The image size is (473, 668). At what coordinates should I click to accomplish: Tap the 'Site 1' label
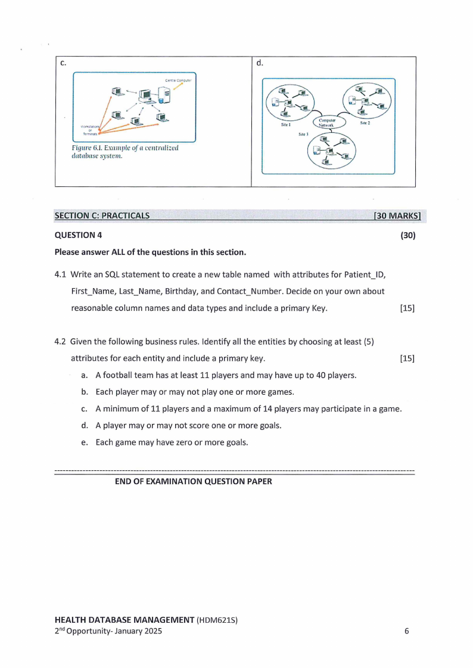[x=285, y=125]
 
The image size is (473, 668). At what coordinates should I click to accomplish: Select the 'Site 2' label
[x=366, y=123]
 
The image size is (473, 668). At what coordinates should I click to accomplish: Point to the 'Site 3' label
[x=303, y=135]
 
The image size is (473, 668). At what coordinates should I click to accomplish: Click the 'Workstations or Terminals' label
[x=89, y=130]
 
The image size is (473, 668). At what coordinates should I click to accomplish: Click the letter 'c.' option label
[x=63, y=63]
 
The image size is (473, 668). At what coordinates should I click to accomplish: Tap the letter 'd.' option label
[x=260, y=63]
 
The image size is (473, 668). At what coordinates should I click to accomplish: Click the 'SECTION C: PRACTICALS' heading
[x=102, y=216]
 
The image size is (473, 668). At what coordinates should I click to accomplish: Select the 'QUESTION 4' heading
[x=78, y=235]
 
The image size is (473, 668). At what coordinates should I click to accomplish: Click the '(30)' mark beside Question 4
[x=407, y=235]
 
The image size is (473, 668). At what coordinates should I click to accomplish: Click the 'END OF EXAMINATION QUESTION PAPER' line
[x=193, y=482]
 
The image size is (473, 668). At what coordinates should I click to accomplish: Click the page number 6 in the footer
[x=407, y=632]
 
